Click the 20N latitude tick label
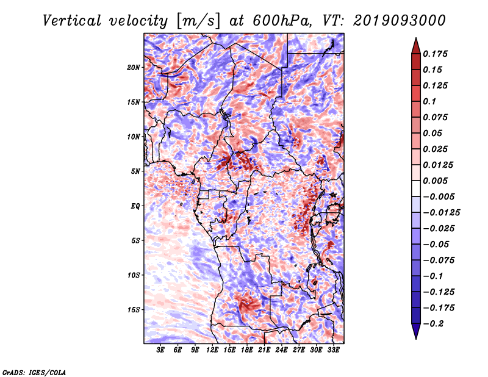(134, 67)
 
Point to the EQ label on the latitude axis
(135, 206)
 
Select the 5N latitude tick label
(135, 171)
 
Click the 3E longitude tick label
(160, 350)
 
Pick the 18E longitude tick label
(246, 350)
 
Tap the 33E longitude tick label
(333, 350)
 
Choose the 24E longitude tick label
(281, 350)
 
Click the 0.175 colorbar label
(435, 54)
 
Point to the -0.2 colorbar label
(433, 324)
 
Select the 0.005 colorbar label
(435, 181)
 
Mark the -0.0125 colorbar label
(441, 213)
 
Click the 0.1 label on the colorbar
(429, 101)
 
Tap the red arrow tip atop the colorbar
(416, 38)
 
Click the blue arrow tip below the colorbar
(416, 338)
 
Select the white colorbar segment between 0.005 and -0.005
(416, 188)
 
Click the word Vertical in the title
(72, 21)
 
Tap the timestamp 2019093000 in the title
(400, 21)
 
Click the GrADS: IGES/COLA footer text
(34, 372)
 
